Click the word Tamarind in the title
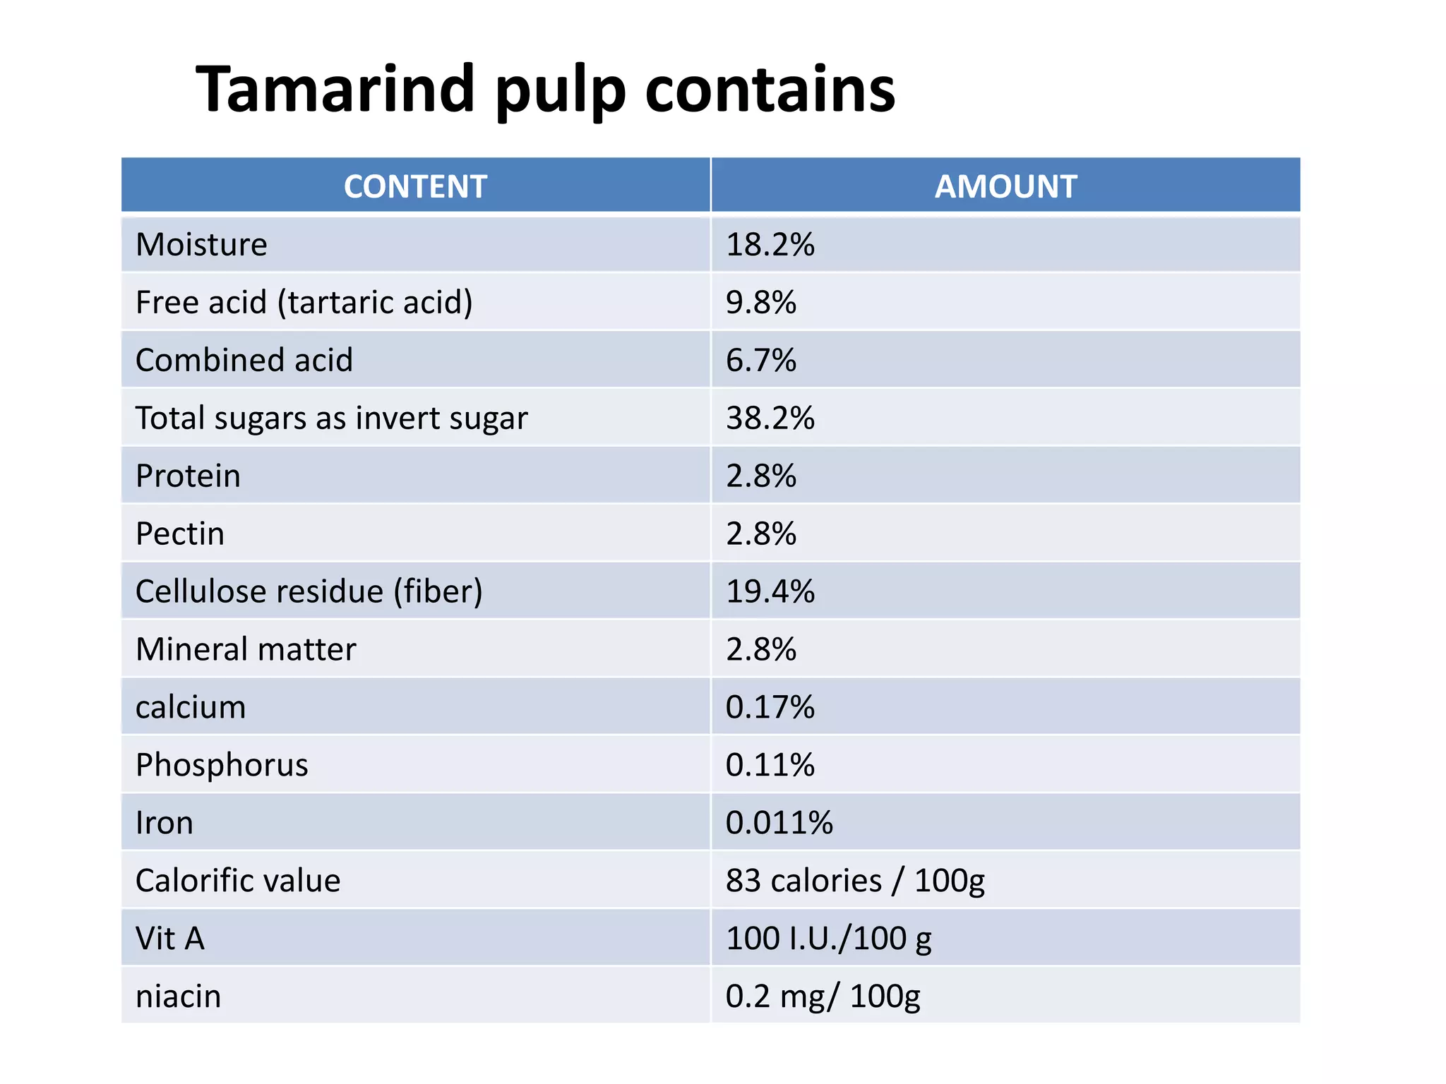(x=335, y=89)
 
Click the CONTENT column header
(x=415, y=187)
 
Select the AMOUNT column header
(x=1005, y=187)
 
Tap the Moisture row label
(x=201, y=245)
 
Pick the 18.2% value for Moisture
(x=770, y=245)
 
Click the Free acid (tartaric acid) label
(x=304, y=303)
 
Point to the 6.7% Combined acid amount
(x=760, y=361)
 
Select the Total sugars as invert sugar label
(x=331, y=418)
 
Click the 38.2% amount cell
(x=770, y=418)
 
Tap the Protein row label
(x=188, y=476)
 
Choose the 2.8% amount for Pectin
(x=760, y=534)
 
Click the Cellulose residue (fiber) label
(x=309, y=592)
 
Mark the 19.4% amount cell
(x=770, y=592)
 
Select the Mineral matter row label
(x=246, y=650)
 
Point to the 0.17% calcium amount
(x=770, y=708)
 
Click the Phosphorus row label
(x=222, y=766)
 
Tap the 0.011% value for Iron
(x=779, y=824)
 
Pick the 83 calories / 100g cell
(x=854, y=881)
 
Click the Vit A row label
(x=169, y=939)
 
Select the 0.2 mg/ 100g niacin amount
(x=823, y=997)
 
